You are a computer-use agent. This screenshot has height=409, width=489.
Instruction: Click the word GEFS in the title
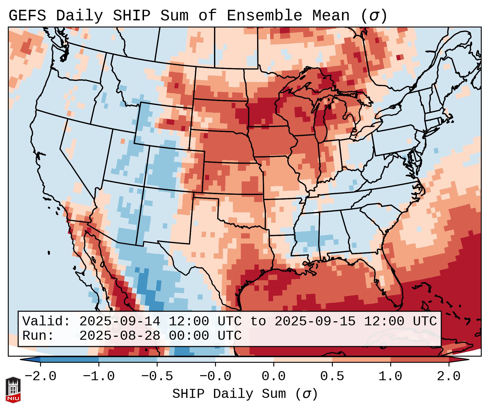click(27, 16)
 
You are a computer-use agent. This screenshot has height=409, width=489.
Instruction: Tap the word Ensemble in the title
click(264, 16)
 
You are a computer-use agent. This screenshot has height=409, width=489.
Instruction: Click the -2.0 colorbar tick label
click(40, 376)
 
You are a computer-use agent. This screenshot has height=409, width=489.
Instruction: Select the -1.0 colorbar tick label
click(99, 376)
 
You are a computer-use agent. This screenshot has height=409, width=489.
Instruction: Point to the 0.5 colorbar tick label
click(332, 376)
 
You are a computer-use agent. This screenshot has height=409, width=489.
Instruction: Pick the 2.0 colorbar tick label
click(449, 376)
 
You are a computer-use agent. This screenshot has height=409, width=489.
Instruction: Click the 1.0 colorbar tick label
click(391, 376)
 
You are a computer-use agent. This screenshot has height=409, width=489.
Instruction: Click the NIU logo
click(13, 390)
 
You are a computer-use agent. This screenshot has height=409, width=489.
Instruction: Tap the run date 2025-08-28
click(120, 336)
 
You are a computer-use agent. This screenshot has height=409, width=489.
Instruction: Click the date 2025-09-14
click(120, 321)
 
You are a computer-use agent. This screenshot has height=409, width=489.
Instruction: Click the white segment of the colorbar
click(244, 360)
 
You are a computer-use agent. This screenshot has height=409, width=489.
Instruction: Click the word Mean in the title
click(331, 16)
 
